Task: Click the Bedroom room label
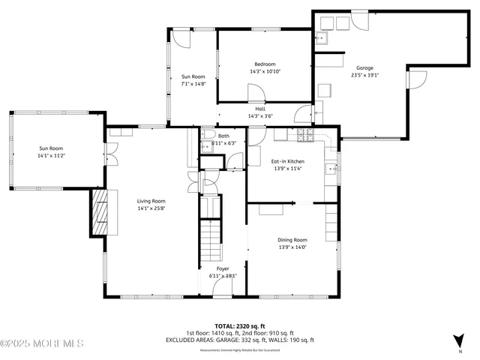point(265,64)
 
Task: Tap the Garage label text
point(364,67)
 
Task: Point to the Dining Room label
point(293,240)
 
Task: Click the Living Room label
point(151,201)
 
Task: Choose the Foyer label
point(223,268)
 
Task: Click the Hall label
point(260,109)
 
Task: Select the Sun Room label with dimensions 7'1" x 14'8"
point(193,76)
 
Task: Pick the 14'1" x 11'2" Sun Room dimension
point(52,155)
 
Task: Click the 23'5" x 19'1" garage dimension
point(364,75)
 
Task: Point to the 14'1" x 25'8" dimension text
point(151,208)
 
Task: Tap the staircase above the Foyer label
point(209,240)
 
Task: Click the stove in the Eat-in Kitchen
point(305,135)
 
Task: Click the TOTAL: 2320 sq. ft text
point(240,326)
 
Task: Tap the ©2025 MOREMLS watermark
point(42,344)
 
